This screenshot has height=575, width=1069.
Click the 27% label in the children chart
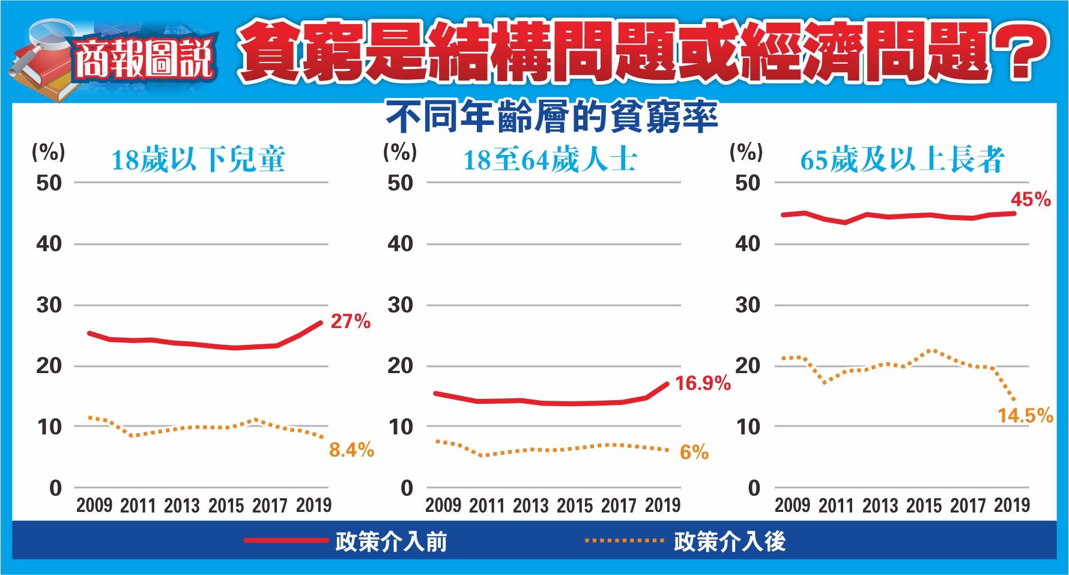pos(350,321)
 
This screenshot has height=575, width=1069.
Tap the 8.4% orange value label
pos(351,449)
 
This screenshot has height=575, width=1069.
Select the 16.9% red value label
pos(703,383)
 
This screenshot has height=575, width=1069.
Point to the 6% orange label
pos(694,452)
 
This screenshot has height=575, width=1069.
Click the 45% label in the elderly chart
pos(1031,199)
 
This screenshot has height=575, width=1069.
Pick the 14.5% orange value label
pos(1025,415)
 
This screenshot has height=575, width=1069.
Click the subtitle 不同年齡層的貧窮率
pos(551,117)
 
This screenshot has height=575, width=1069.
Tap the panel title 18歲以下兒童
pos(198,160)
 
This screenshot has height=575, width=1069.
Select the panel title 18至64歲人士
pos(550,160)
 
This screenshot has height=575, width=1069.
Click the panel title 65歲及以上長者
pos(902,160)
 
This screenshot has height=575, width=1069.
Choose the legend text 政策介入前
pos(391,541)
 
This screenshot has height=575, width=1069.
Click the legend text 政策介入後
pos(729,541)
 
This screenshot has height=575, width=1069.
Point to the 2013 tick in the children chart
pos(182,505)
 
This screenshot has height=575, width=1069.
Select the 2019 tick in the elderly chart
pos(1012,505)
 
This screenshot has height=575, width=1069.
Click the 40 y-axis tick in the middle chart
pos(400,244)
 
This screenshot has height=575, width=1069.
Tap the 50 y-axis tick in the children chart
pos(49,183)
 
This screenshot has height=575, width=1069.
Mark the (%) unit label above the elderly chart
pos(746,151)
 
